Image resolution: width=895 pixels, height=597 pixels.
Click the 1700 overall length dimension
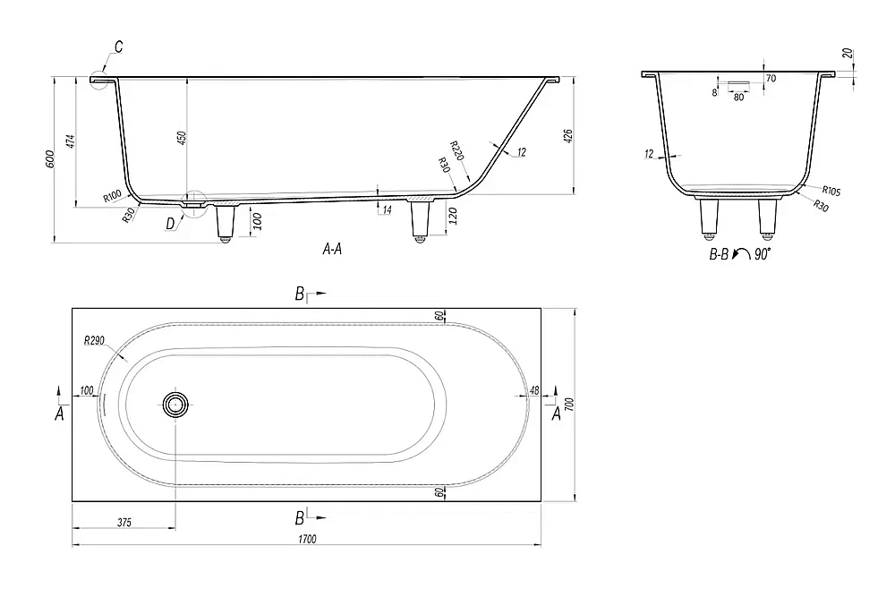(307, 539)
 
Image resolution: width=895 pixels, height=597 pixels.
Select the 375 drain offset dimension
(124, 522)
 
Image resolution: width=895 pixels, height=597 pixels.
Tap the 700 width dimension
(569, 405)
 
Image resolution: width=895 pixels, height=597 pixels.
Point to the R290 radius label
(94, 341)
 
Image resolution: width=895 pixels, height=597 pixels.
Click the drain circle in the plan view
(175, 405)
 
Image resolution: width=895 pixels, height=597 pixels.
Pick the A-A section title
(332, 249)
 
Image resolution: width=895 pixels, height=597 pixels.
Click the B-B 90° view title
(740, 254)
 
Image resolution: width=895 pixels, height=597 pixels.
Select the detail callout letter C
(118, 47)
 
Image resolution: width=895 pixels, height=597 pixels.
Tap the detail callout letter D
(170, 224)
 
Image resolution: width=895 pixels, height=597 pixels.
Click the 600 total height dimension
(49, 159)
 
